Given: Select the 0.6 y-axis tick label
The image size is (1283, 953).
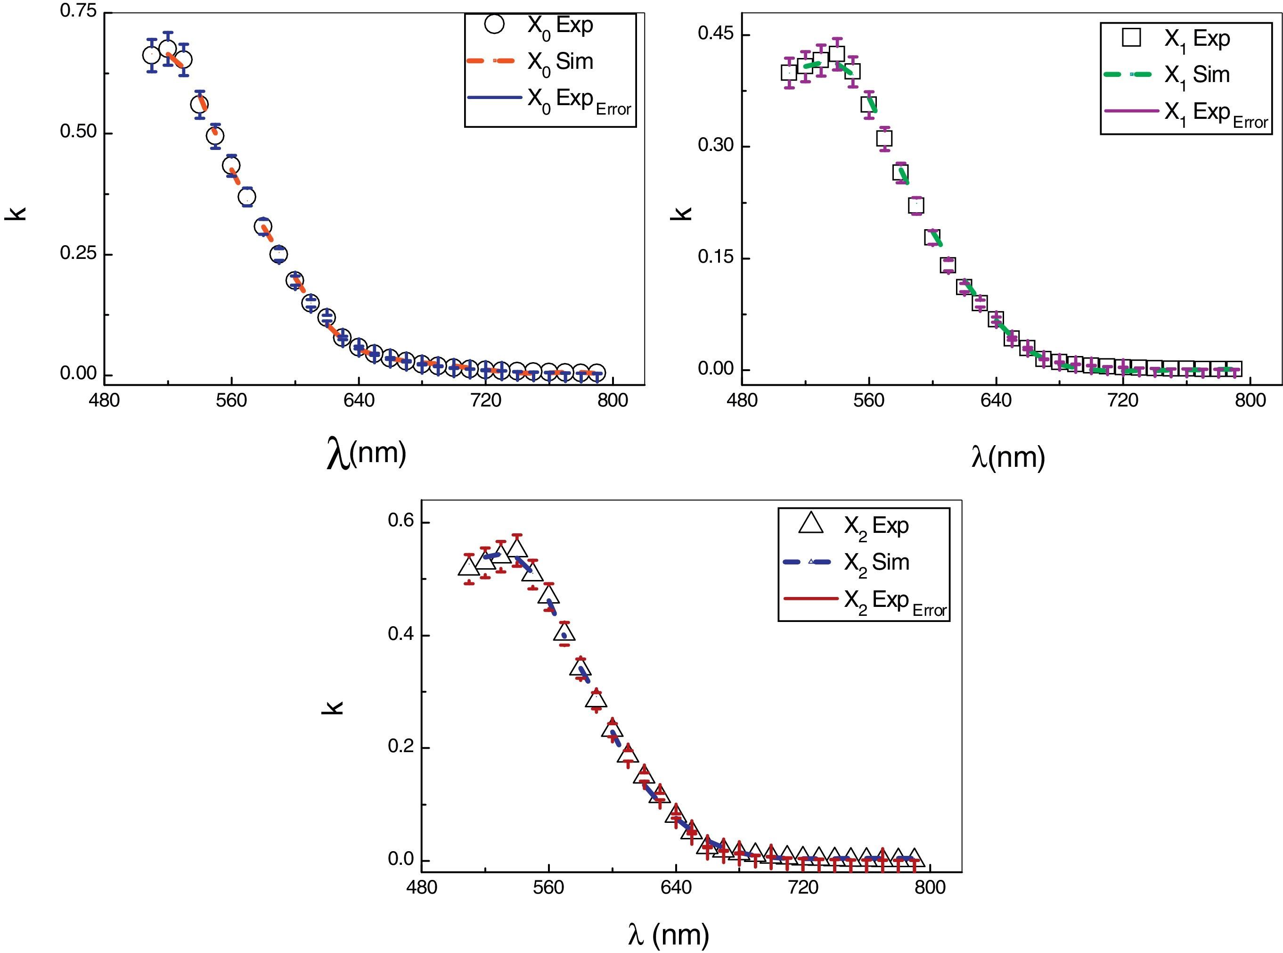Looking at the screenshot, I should [401, 521].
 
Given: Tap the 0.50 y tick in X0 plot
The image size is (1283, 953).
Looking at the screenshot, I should [78, 132].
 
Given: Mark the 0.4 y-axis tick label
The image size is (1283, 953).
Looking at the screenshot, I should [401, 634].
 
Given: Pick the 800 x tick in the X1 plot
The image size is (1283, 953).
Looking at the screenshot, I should [1250, 400].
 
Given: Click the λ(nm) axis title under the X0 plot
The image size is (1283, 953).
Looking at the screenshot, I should [367, 454].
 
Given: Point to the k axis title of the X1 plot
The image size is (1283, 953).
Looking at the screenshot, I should [684, 213].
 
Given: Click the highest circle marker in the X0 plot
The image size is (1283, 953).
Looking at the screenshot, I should [168, 49].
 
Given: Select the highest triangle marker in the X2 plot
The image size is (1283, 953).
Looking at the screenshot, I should [517, 548].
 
